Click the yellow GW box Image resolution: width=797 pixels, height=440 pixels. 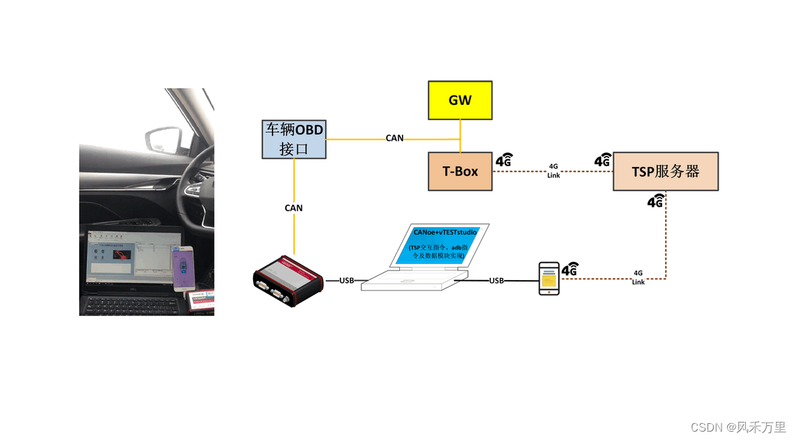click(x=459, y=100)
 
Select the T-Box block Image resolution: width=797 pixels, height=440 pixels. click(x=460, y=171)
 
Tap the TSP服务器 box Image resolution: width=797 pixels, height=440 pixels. click(x=665, y=171)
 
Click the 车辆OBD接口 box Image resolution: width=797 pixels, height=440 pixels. click(x=294, y=139)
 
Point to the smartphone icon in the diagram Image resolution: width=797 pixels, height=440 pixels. click(x=549, y=279)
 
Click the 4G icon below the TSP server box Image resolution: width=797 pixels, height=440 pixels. click(x=656, y=201)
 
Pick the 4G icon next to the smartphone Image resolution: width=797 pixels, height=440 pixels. click(x=570, y=269)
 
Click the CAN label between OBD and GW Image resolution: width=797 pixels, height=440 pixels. click(x=394, y=138)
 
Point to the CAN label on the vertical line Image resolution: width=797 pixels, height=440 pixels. click(x=294, y=208)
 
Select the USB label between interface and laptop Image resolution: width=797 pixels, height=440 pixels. click(x=347, y=281)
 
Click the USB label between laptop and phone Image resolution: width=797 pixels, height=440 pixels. click(x=496, y=281)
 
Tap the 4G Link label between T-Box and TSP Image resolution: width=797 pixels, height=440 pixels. click(x=553, y=171)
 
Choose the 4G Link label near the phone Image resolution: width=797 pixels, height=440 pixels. click(x=638, y=277)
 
